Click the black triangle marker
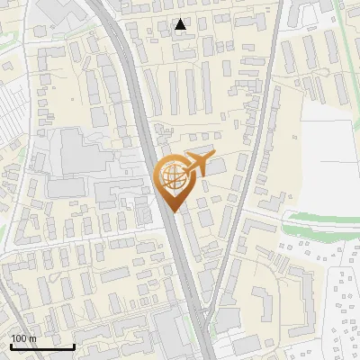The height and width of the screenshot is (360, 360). coord(181,24)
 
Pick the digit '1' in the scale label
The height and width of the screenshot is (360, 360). coord(13,338)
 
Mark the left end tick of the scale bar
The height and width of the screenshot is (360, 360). coord(11,346)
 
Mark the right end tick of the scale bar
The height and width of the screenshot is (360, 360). coord(74,346)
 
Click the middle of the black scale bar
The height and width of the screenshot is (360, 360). coord(42,347)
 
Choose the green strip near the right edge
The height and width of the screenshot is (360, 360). coord(324,219)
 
